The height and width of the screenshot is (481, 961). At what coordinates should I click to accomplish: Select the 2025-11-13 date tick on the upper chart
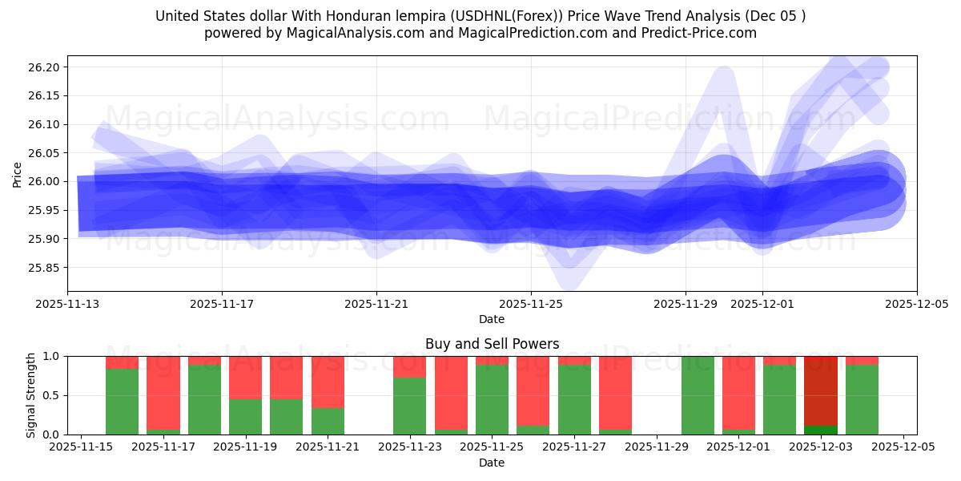pos(67,305)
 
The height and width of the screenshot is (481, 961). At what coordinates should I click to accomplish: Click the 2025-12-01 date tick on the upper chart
pos(762,305)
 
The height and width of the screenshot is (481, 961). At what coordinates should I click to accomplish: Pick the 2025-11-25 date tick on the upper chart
pos(530,305)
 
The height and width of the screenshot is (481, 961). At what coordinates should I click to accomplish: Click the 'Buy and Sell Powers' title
pos(492,345)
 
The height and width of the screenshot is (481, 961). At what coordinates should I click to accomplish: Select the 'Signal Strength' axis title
pos(30,395)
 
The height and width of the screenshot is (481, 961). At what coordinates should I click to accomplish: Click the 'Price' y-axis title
pos(18,174)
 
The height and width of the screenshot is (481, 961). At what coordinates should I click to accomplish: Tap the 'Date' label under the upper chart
pos(492,319)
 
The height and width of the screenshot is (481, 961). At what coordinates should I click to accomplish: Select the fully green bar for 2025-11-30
pos(698,395)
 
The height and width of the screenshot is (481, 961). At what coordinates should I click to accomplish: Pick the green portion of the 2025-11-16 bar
pos(122,402)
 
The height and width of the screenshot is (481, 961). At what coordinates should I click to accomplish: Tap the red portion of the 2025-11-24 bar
pos(451,393)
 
